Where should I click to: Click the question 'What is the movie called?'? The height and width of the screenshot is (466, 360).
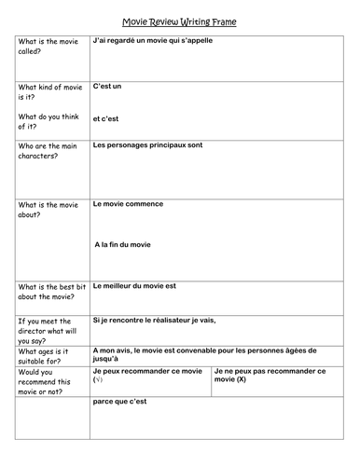click(42, 48)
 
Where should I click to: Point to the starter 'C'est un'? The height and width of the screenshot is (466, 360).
click(108, 86)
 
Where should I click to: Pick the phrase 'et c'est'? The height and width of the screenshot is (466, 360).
click(107, 118)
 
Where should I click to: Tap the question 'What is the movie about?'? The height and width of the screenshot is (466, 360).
click(45, 210)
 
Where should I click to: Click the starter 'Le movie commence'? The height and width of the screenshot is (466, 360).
click(129, 203)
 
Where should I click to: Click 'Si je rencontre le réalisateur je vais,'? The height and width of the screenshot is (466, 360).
click(154, 321)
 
